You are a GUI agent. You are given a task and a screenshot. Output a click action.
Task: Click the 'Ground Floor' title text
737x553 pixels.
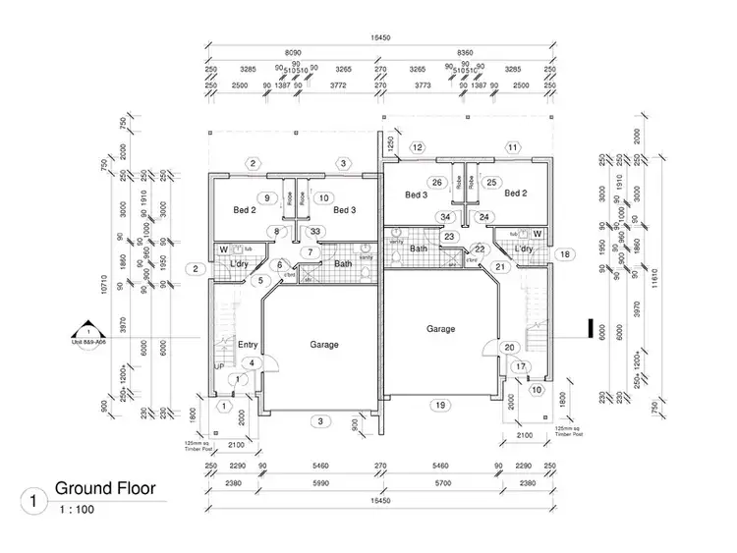coord(104,487)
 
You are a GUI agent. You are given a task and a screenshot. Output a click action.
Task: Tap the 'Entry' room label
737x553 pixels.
coord(248,344)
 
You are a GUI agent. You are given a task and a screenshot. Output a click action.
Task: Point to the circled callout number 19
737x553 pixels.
coord(441,405)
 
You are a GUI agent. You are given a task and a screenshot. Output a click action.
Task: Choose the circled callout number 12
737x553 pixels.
coord(418,147)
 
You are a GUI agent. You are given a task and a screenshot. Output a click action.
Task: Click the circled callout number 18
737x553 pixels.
coord(564,254)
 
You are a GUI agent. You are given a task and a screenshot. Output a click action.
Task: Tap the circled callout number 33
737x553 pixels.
coord(314,232)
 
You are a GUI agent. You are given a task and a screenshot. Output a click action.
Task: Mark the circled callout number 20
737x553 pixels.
coord(509,347)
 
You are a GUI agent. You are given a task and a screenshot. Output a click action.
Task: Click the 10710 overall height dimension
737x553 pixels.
coord(102,285)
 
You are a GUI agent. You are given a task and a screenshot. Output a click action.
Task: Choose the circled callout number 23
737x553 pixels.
coord(448,237)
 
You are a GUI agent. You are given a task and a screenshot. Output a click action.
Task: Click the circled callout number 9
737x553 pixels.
coord(266,197)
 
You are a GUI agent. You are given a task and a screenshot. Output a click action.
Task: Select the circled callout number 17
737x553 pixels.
coord(521,367)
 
